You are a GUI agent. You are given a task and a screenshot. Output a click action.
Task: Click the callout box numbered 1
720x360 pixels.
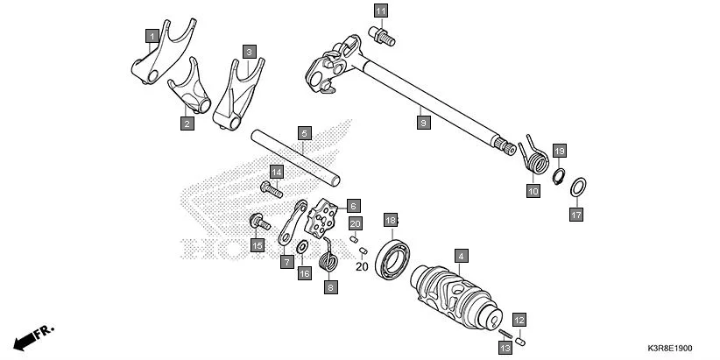click(152, 35)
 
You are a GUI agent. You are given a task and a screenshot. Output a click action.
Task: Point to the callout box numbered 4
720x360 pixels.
click(460, 255)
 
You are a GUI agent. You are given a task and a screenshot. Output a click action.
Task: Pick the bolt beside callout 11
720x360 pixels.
click(383, 35)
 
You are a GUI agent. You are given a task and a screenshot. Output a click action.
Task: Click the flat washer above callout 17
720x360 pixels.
click(579, 187)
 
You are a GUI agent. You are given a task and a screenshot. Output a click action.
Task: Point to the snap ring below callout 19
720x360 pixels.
click(556, 176)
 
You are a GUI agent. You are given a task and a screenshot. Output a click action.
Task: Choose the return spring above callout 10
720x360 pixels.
click(535, 154)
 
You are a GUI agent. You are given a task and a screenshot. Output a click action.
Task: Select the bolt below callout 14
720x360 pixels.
click(271, 187)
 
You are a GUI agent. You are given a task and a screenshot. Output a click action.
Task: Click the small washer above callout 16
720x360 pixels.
click(302, 248)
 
